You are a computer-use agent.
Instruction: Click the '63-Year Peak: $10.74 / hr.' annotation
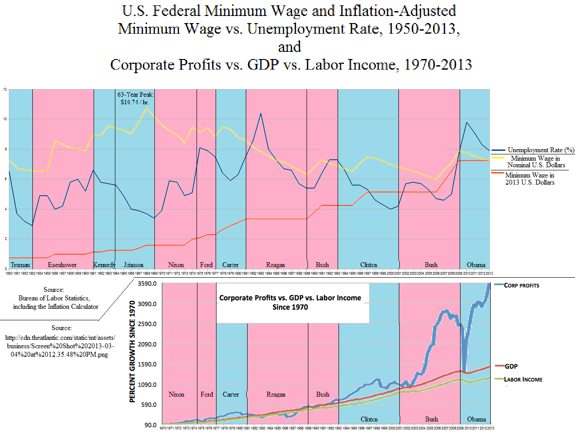coord(135,98)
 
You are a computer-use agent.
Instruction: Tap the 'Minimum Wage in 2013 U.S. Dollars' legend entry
coord(530,179)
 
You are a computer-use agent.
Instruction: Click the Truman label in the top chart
coord(20,265)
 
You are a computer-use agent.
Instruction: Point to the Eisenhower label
coord(62,265)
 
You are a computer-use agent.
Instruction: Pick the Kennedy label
coord(104,265)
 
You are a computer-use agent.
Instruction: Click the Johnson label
coord(134,265)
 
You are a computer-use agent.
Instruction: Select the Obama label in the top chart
coord(476,265)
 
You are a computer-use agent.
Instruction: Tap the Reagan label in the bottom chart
coord(276,394)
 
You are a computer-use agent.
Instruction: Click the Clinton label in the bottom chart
coord(369,419)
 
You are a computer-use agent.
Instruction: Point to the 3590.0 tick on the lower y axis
coord(147,283)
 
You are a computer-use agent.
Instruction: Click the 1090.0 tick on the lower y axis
coord(147,385)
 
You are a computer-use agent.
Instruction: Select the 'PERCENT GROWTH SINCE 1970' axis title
coord(132,351)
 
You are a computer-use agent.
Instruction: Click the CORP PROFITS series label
coord(521,285)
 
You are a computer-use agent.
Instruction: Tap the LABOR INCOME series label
coord(523,379)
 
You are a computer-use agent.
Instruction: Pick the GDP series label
coord(511,366)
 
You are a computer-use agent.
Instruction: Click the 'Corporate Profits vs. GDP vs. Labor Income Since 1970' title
coord(290,303)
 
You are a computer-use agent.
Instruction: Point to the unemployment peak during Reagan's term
coord(261,114)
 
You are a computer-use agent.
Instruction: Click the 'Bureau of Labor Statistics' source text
coord(54,298)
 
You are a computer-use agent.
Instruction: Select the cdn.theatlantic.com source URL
coord(60,346)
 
